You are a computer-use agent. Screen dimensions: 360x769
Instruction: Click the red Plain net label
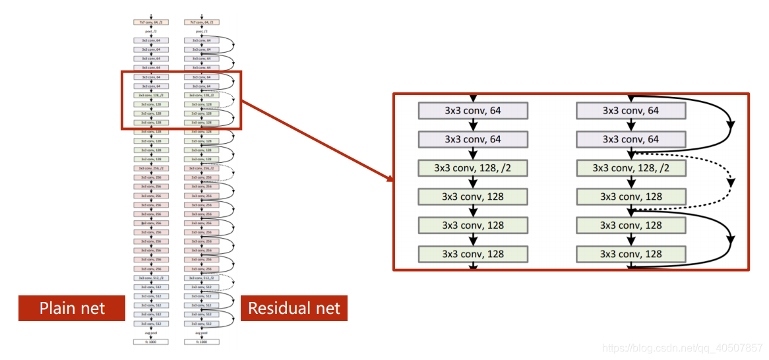coord(72,308)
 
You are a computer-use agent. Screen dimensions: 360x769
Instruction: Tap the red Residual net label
coord(293,308)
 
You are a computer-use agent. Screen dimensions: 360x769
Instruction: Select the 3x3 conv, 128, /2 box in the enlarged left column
coord(473,168)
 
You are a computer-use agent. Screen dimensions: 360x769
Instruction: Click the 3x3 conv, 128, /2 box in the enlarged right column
coord(631,168)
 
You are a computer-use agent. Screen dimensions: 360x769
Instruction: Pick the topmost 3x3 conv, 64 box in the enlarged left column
coord(473,111)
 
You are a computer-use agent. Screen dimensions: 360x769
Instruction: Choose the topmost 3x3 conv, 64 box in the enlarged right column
coord(631,111)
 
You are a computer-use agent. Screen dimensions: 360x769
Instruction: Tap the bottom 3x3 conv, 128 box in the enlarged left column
coord(473,254)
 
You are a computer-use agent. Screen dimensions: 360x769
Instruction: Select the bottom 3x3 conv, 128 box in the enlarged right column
coord(631,254)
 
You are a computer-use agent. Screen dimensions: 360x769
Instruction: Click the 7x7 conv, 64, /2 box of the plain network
coord(151,22)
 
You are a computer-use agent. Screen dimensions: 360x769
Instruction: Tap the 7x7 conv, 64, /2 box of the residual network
coord(202,22)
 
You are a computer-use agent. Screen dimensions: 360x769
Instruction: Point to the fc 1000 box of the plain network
coord(151,342)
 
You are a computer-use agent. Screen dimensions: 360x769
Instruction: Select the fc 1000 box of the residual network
coord(202,342)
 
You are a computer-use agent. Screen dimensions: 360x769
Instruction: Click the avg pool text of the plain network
coord(151,334)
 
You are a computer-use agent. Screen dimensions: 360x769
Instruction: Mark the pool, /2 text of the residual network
coord(202,31)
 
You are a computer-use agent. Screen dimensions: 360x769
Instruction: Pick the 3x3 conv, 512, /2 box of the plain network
coord(151,278)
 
